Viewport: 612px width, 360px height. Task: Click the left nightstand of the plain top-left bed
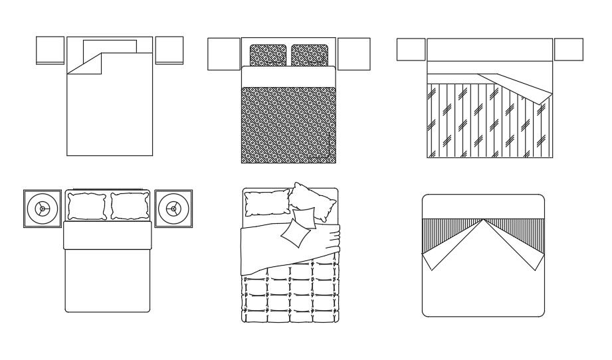[x=51, y=50]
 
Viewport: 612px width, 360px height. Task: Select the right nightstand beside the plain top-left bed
[x=169, y=50]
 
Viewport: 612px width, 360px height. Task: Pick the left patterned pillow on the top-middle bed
[x=268, y=55]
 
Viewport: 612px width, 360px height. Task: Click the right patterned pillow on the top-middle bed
[x=310, y=55]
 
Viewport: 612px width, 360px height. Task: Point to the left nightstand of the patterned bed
[x=224, y=54]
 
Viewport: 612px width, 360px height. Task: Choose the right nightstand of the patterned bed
[x=354, y=54]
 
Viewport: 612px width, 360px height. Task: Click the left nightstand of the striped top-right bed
[x=411, y=50]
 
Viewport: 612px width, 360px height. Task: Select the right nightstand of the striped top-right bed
[x=568, y=50]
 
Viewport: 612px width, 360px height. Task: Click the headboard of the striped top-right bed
[x=490, y=50]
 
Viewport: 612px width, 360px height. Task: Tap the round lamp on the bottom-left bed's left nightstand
[x=43, y=209]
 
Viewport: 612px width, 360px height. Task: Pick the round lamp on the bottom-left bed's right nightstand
[x=173, y=209]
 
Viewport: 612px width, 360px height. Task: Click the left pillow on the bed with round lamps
[x=86, y=206]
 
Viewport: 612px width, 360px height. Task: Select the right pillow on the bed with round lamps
[x=130, y=206]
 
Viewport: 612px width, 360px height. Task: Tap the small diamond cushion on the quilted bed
[x=298, y=228]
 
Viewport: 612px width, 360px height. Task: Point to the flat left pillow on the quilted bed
[x=265, y=203]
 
